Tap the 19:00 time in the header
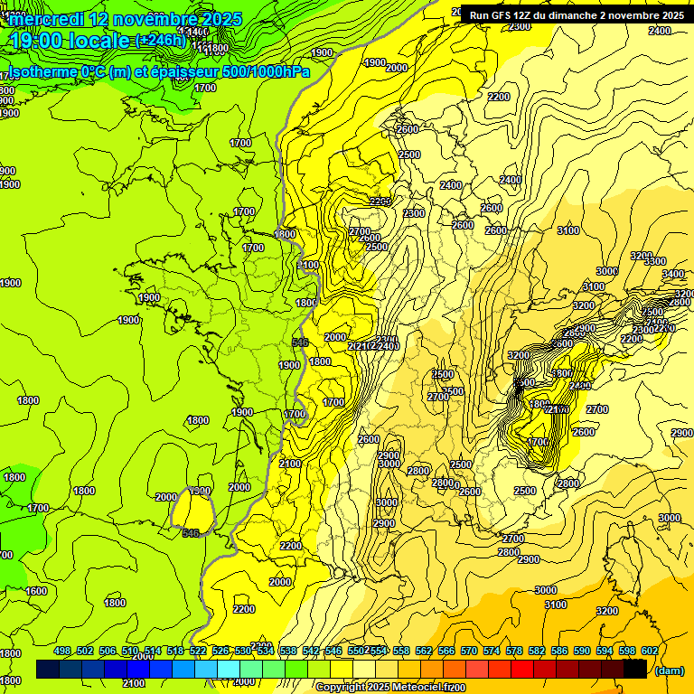[x=42, y=41]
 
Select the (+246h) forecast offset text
[x=160, y=41]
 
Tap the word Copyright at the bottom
[x=341, y=688]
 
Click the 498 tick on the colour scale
[x=62, y=651]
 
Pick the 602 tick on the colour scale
[x=649, y=651]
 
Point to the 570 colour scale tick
[x=491, y=651]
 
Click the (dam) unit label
[x=669, y=671]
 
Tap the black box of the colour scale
[x=635, y=669]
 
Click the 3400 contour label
[x=672, y=274]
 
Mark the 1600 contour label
[x=36, y=591]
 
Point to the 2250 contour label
[x=380, y=201]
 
